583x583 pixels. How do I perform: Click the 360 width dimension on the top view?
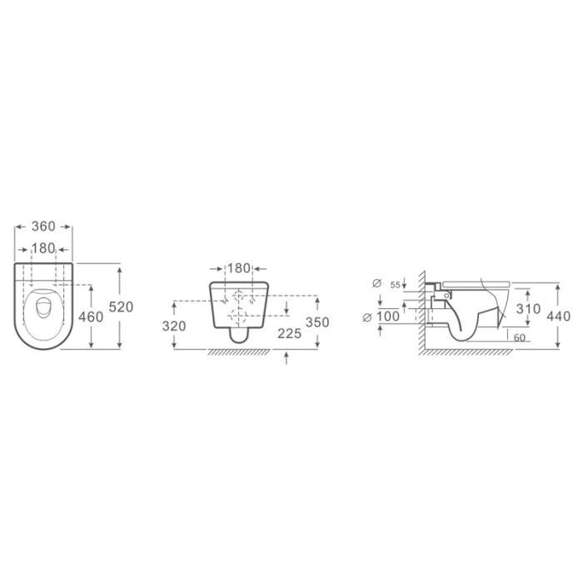coord(43,227)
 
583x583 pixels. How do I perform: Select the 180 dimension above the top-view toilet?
coord(43,248)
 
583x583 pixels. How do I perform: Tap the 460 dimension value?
coord(90,317)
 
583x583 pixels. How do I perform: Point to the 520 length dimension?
coord(122,307)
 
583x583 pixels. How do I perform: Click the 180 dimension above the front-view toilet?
coord(239,268)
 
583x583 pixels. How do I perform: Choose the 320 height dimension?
coord(174,326)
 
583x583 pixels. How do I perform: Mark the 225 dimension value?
coord(288,333)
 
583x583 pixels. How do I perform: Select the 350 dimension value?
coord(318,323)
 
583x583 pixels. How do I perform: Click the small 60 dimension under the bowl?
coord(518,338)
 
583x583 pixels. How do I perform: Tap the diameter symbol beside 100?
coord(367,316)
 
